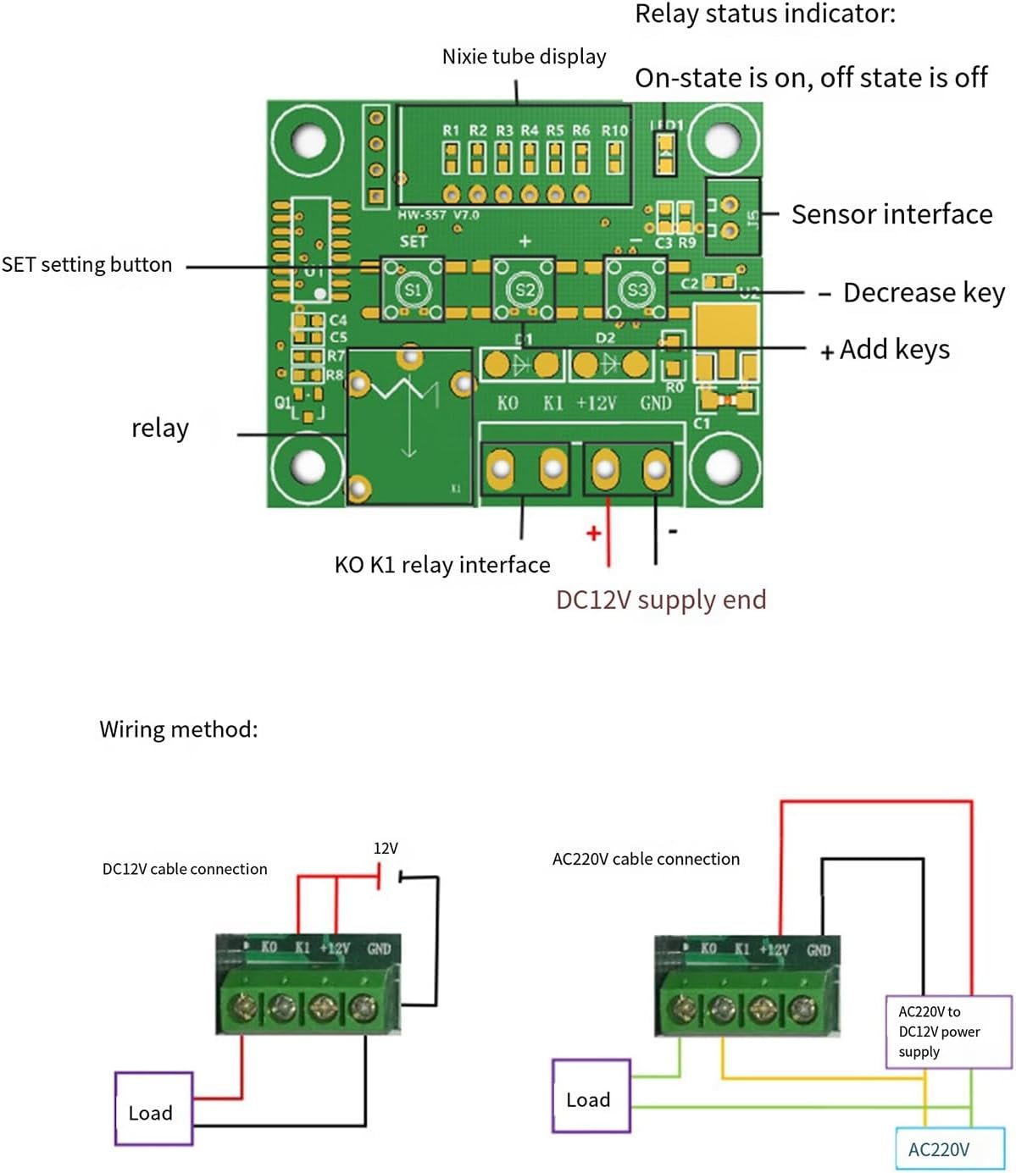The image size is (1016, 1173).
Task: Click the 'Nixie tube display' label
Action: [x=524, y=57]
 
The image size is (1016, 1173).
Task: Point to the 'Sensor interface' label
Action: [x=891, y=214]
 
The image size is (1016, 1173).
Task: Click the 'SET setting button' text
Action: [x=86, y=265]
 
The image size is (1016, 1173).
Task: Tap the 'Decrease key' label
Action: [x=923, y=293]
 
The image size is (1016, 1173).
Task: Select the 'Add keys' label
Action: [x=894, y=349]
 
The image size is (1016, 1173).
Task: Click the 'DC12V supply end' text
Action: [x=661, y=600]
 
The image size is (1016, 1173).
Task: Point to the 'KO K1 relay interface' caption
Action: [x=442, y=565]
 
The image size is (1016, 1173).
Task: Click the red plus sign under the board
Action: [x=593, y=534]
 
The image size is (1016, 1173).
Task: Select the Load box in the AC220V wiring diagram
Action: [x=591, y=1096]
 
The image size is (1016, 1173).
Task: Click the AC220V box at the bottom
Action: [x=938, y=1149]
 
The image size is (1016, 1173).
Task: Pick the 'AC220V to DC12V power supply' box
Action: [x=947, y=1032]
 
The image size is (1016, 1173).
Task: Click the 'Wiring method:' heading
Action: [x=179, y=729]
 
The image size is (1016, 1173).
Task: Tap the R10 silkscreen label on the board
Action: [x=614, y=130]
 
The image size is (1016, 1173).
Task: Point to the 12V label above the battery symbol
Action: [x=386, y=849]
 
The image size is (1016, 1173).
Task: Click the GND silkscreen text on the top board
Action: [x=656, y=403]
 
